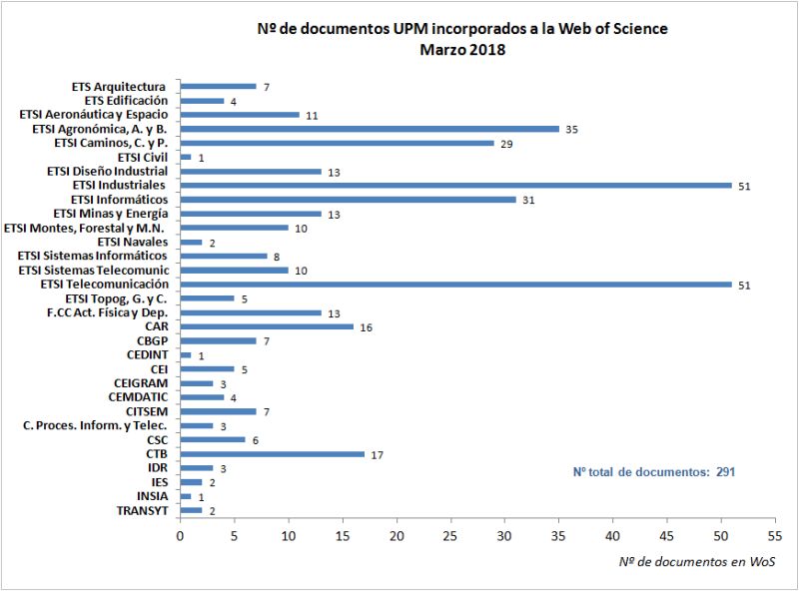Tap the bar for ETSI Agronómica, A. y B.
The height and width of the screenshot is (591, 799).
pos(370,129)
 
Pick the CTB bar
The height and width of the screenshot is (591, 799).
pos(272,454)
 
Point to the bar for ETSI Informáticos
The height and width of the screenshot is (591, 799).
pos(348,200)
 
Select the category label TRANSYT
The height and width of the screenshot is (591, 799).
pos(142,511)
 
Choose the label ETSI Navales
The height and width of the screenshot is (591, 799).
pos(133,242)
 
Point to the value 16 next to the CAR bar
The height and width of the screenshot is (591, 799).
pos(368,327)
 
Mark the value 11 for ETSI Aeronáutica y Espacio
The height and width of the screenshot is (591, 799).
pos(313,115)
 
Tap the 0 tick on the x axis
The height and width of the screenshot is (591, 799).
pos(180,536)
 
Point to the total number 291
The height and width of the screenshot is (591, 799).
pos(725,471)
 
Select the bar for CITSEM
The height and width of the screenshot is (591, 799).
pos(218,411)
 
